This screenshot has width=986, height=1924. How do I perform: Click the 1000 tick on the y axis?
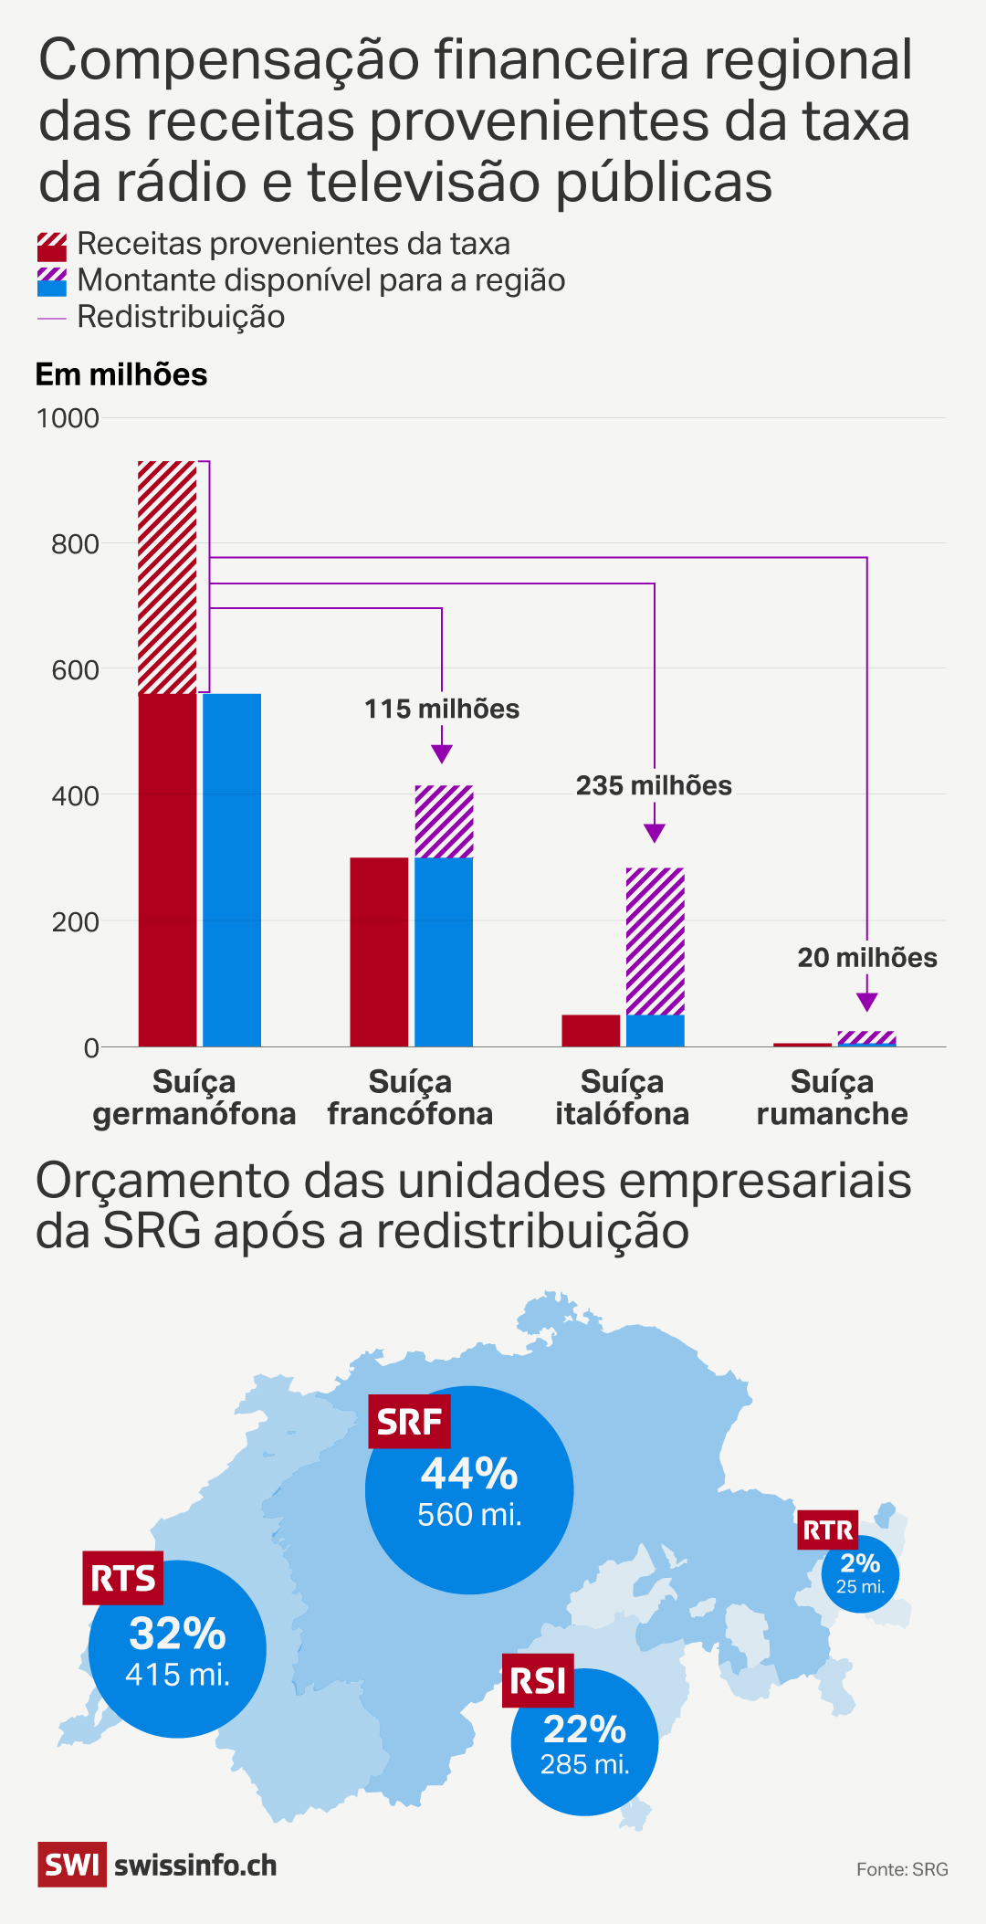(x=68, y=418)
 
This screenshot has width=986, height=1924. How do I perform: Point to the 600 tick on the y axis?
(x=75, y=670)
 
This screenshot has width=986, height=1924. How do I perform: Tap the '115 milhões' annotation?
(x=442, y=710)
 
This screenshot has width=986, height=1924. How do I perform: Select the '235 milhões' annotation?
(x=654, y=786)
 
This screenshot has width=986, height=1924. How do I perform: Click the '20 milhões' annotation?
(x=867, y=958)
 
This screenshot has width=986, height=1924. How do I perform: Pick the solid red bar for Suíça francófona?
(x=379, y=951)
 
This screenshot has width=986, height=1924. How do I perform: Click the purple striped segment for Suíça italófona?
(x=655, y=941)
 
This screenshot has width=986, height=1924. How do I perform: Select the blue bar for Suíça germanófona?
(x=232, y=869)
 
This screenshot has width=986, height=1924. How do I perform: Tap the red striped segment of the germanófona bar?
(x=167, y=577)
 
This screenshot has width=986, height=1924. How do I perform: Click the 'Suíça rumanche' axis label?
(x=832, y=1098)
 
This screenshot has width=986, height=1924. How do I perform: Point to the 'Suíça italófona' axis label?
(x=622, y=1098)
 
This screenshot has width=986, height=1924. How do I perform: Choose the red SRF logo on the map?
(x=409, y=1422)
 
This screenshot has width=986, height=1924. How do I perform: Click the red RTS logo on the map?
(x=123, y=1578)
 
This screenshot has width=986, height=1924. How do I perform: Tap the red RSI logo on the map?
(x=538, y=1680)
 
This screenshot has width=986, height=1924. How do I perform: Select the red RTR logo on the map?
(x=828, y=1530)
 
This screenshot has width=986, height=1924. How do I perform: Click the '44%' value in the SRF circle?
(x=469, y=1474)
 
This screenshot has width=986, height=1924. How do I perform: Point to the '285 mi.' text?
(x=585, y=1764)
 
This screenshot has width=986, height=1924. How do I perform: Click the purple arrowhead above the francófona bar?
(x=442, y=753)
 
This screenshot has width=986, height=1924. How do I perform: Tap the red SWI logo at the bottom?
(x=72, y=1865)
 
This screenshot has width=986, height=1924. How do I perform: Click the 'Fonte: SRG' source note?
(x=902, y=1869)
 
